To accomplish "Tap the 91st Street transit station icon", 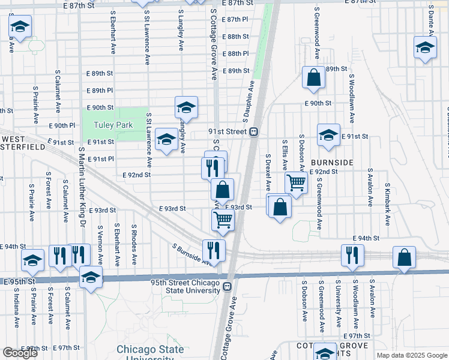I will pos(254,131).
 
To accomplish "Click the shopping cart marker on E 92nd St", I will pos(296,182).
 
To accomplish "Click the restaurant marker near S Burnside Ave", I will pos(213,248).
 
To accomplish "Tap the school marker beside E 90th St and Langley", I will pos(186,107).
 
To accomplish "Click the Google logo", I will pos(20,353).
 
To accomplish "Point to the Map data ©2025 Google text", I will pos(411,355).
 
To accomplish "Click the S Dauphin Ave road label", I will pos(247,98).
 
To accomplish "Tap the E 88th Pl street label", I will pos(235,53).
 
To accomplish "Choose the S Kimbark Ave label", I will pos(388,204).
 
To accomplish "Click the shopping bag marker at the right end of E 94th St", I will pos(405,257).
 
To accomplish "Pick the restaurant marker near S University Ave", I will pos(352,254).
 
